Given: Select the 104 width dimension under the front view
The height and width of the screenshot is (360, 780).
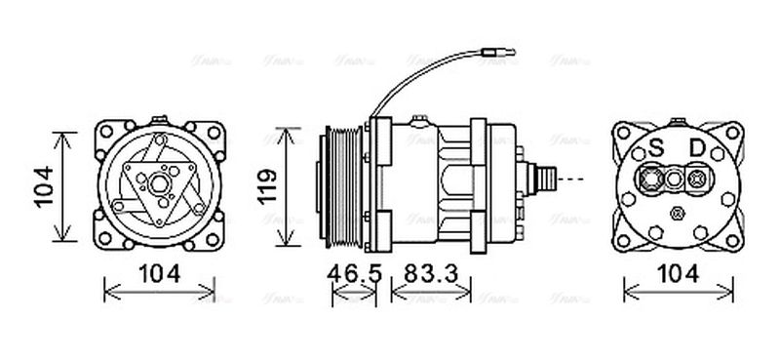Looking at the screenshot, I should [x=159, y=274].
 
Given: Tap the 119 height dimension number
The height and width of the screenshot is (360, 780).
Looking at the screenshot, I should [x=265, y=184].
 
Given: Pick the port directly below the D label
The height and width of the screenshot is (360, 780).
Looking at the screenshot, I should [x=696, y=179].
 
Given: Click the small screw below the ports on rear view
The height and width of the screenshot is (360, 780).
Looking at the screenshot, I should [x=675, y=212].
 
